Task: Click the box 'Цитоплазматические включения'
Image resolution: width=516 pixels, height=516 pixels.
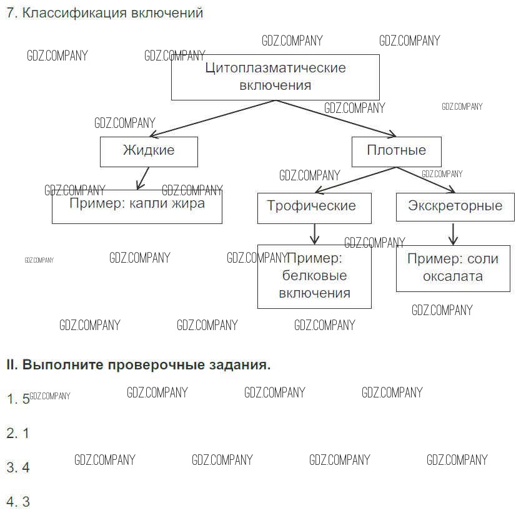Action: pos(275,77)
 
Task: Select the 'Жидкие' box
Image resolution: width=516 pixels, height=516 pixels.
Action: pos(149,151)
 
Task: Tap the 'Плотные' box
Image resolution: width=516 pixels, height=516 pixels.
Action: pos(396,151)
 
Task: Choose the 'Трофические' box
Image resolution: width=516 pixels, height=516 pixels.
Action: pos(314,207)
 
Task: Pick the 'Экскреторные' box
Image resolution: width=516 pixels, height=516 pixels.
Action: pos(455,207)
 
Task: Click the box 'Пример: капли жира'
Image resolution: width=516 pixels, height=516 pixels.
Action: pos(137,207)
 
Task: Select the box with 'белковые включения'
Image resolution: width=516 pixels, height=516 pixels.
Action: pos(314,276)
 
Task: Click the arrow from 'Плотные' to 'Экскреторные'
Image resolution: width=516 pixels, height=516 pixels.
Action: pos(425,180)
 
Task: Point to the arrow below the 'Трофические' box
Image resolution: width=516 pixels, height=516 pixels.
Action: pos(314,234)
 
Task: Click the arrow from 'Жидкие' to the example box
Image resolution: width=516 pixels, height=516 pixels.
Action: pos(143,178)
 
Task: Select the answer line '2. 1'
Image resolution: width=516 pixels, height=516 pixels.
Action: pos(17,433)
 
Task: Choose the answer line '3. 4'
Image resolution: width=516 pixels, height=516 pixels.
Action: pos(17,467)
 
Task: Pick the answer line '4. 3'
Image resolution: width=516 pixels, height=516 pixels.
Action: pos(17,502)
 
